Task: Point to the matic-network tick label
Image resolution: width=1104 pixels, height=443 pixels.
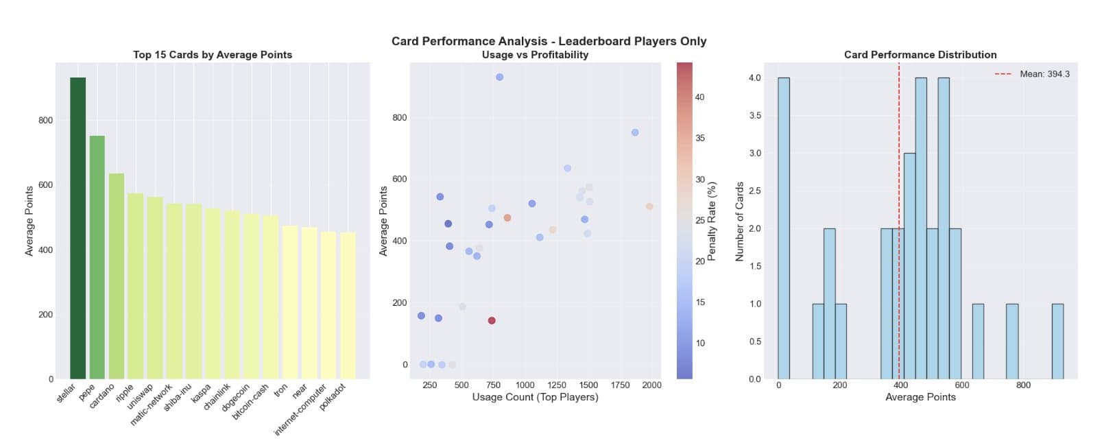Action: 152,404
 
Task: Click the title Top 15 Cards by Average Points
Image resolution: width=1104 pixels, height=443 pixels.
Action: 213,55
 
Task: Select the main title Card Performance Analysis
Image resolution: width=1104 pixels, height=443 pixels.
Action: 549,41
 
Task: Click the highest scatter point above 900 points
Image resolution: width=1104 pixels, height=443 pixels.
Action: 499,77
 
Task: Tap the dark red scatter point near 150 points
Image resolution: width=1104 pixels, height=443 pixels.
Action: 492,320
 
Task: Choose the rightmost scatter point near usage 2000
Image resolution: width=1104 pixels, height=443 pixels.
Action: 649,206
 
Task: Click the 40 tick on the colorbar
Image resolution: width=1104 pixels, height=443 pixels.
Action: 699,97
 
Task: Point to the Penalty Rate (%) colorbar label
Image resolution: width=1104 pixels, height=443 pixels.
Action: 712,221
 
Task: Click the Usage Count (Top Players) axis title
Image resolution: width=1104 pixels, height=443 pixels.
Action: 535,397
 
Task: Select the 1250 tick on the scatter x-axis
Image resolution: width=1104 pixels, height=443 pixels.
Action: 556,385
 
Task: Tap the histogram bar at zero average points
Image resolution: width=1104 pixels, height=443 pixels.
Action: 783,228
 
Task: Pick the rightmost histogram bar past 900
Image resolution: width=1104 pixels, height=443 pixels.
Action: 1057,342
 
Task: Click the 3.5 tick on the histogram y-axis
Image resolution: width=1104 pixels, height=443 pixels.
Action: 754,116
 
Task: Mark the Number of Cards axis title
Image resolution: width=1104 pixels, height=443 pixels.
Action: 740,221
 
